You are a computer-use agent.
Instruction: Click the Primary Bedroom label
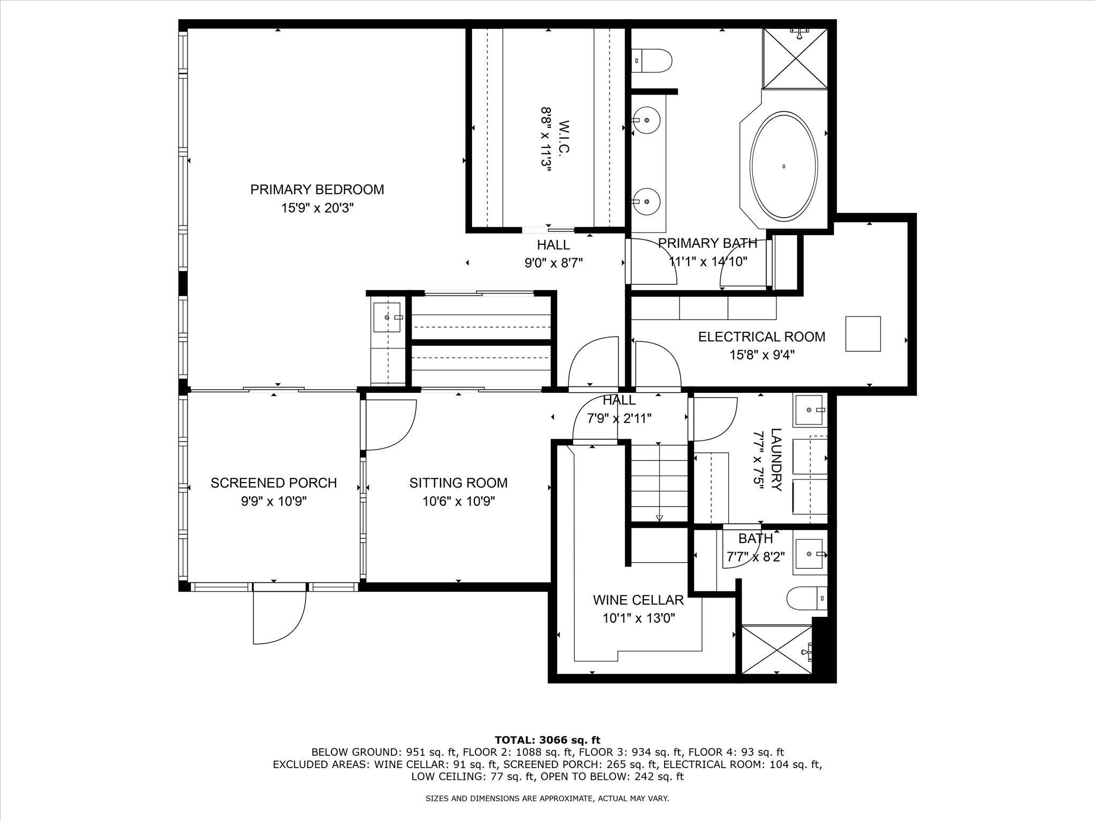[317, 190]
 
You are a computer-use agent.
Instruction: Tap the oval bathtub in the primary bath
[784, 166]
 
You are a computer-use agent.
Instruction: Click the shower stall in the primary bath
[795, 58]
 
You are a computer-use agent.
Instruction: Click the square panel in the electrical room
[862, 334]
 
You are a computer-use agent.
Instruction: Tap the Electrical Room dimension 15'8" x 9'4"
[762, 355]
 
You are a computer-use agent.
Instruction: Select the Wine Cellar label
[638, 600]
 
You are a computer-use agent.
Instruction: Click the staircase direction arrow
[659, 517]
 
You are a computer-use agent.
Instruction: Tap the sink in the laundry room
[809, 410]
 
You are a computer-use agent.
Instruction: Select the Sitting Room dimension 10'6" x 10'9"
[458, 501]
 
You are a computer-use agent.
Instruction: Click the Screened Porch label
[273, 483]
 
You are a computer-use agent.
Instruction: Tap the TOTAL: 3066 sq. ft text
[547, 740]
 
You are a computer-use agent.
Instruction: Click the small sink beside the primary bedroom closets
[388, 317]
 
